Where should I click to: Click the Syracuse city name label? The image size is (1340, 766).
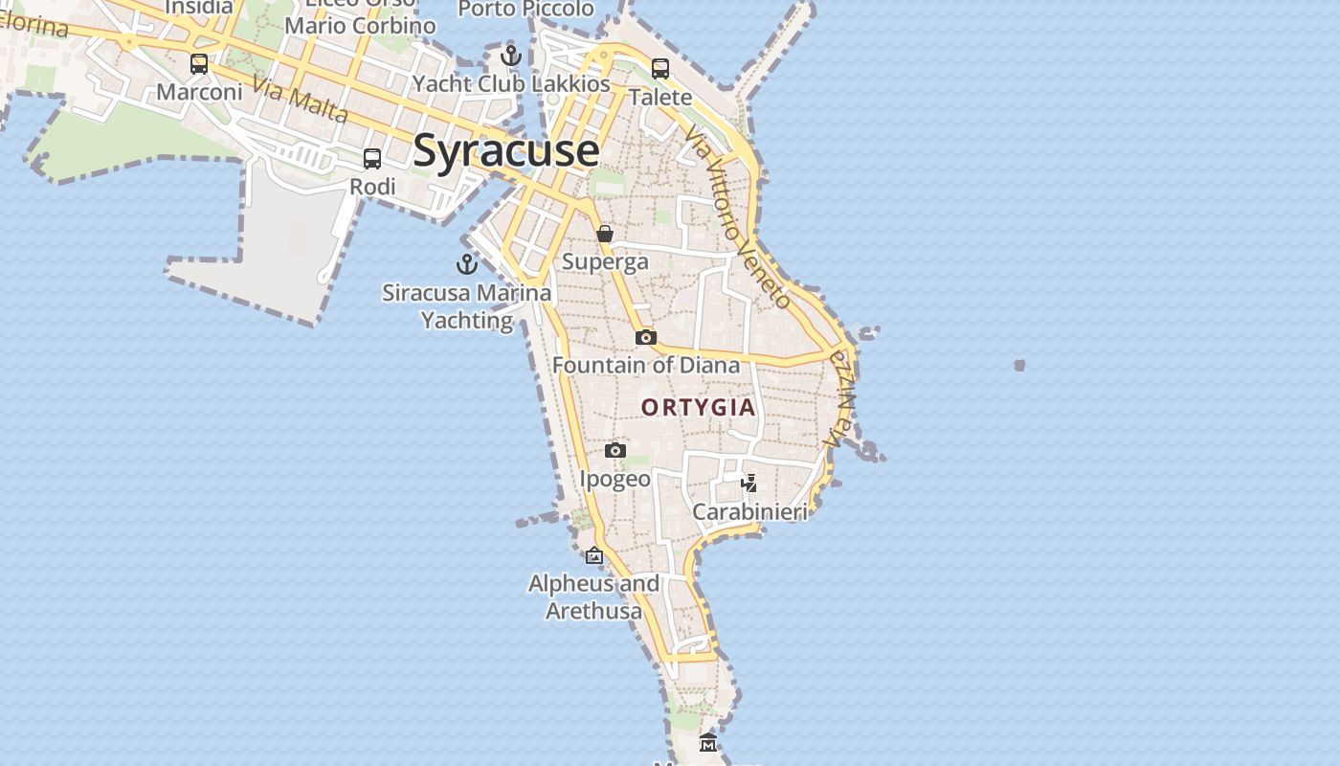(x=506, y=150)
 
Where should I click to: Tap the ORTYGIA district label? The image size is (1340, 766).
(x=699, y=407)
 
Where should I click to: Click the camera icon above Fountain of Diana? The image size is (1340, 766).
(x=646, y=337)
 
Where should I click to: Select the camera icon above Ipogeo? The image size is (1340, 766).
(x=615, y=450)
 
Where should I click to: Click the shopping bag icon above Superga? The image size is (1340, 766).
(x=605, y=234)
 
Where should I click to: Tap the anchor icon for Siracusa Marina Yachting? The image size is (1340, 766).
(x=467, y=263)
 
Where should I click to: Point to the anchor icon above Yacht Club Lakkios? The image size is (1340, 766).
(x=511, y=56)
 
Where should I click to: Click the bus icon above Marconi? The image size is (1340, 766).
(x=199, y=64)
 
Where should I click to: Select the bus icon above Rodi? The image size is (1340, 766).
(x=372, y=159)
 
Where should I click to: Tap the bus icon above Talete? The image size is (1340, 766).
(x=660, y=69)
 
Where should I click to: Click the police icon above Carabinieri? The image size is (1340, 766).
(x=749, y=483)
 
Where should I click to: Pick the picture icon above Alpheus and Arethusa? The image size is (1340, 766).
(x=594, y=555)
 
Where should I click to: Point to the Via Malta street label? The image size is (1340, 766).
(x=300, y=100)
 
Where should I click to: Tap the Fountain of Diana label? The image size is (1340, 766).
(x=646, y=365)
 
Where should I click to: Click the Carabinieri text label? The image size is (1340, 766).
(x=749, y=511)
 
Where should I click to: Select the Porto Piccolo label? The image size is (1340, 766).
(x=525, y=10)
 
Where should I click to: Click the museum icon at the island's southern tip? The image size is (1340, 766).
(x=708, y=742)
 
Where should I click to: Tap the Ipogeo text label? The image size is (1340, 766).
(x=615, y=479)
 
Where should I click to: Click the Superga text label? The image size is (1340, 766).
(x=605, y=261)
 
